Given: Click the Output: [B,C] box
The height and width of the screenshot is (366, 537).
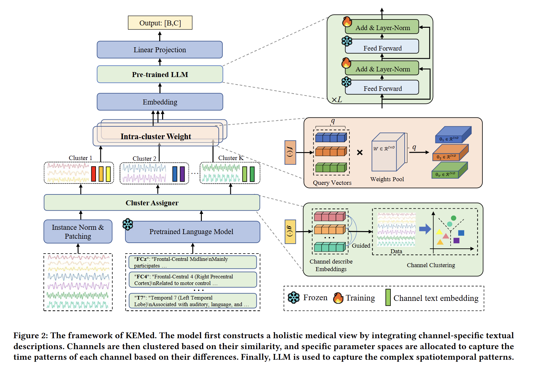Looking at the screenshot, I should tap(160, 23).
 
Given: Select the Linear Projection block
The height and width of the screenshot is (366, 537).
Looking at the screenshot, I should tap(159, 50).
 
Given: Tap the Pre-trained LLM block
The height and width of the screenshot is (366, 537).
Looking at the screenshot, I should tap(160, 74).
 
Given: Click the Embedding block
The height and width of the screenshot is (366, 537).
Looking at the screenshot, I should tap(160, 102).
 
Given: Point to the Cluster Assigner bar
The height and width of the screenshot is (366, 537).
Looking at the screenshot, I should tap(152, 203).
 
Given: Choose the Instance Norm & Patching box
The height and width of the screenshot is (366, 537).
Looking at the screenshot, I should tap(78, 231).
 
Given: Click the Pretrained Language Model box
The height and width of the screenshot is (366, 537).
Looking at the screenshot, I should tap(193, 232).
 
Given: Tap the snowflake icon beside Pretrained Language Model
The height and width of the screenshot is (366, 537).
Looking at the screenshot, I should tap(128, 224).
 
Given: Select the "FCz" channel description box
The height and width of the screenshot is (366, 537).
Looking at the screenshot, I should tap(193, 262).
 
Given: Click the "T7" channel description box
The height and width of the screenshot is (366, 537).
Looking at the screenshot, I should tap(193, 301).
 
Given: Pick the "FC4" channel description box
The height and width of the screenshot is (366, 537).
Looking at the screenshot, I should tap(193, 280).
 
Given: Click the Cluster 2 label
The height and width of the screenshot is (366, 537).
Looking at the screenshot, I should tap(144, 159).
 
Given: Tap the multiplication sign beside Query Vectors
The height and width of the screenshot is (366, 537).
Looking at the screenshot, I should tap(360, 152).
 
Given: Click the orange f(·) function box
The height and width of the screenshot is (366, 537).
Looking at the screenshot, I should tap(290, 152).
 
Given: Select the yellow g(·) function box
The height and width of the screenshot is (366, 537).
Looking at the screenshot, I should tap(290, 232).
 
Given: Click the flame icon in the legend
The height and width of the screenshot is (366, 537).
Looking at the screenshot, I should tap(338, 298).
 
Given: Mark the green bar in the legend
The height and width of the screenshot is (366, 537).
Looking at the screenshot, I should tap(388, 298).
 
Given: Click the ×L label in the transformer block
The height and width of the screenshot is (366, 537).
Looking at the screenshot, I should tap(337, 100).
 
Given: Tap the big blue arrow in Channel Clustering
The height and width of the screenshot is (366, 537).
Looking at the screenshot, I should tap(425, 229).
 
